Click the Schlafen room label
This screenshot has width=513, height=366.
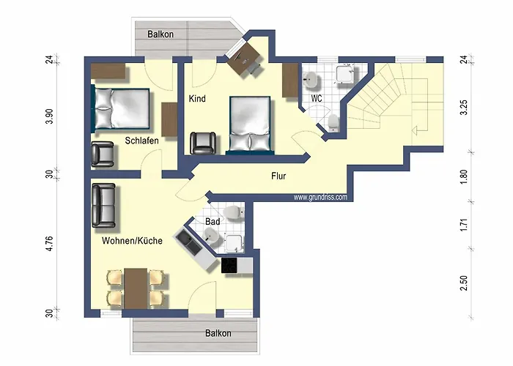[x=141, y=141]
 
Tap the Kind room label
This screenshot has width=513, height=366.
[x=197, y=98]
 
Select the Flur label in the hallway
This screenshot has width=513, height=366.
[x=278, y=176]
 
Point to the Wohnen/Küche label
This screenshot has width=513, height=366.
[x=132, y=241]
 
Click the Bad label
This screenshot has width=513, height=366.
[x=213, y=222]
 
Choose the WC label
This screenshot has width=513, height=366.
[x=317, y=98]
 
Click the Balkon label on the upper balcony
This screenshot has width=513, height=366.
[x=160, y=34]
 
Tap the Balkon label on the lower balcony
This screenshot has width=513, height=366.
[x=218, y=333]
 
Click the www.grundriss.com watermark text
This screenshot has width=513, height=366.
[x=320, y=198]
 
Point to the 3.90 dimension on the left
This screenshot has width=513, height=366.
[x=49, y=116]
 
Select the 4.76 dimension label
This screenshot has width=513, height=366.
[x=49, y=243]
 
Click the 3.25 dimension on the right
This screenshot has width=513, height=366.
[x=464, y=107]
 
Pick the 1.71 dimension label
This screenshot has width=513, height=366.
[x=464, y=225]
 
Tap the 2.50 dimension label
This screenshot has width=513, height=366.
[x=464, y=283]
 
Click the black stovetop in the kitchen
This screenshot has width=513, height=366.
[x=229, y=265]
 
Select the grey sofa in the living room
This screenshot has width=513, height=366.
[x=104, y=205]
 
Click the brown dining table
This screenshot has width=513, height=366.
[x=136, y=288]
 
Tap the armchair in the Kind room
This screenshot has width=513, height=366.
[x=203, y=143]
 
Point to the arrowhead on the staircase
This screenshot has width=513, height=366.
[x=415, y=130]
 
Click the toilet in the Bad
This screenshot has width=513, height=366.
[x=234, y=212]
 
